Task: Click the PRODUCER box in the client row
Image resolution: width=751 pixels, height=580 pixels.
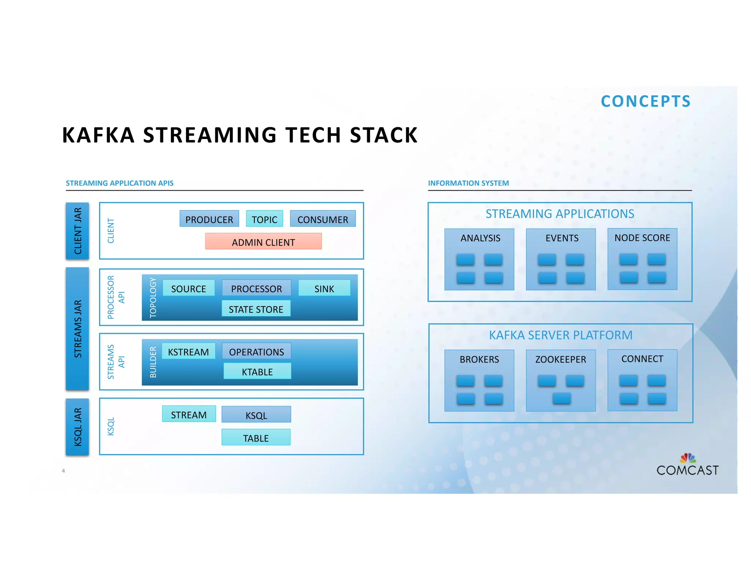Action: click(x=209, y=219)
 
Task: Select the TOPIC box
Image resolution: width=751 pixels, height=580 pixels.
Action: click(x=264, y=219)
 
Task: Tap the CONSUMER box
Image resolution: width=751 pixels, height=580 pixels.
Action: click(x=323, y=219)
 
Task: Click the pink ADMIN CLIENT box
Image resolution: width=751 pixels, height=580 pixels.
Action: click(x=263, y=242)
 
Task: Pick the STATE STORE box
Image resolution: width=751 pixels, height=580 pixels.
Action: click(x=256, y=309)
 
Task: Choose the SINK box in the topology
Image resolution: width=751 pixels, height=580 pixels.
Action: click(x=324, y=288)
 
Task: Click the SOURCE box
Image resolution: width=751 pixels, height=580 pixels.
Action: click(x=188, y=288)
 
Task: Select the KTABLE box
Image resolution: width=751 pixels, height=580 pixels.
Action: click(x=257, y=371)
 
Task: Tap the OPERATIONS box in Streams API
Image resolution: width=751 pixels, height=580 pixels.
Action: click(x=256, y=351)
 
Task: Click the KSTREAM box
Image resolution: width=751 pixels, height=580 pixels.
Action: click(x=188, y=351)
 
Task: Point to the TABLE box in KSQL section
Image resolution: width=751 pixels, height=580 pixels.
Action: click(x=256, y=437)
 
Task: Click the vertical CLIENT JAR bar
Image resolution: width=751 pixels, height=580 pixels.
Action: click(x=77, y=231)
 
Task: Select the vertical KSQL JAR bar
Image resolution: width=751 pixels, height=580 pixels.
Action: click(x=77, y=427)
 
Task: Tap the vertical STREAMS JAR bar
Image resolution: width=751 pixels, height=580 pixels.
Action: click(x=77, y=328)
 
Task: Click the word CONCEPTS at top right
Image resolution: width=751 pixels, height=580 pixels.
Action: click(x=645, y=102)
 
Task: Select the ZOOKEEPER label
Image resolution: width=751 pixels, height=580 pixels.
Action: click(x=561, y=359)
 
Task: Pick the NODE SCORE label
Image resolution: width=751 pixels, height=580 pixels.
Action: click(x=642, y=238)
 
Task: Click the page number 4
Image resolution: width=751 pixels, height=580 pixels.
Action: click(x=63, y=471)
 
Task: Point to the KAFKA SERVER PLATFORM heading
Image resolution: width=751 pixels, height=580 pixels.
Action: click(x=561, y=335)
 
